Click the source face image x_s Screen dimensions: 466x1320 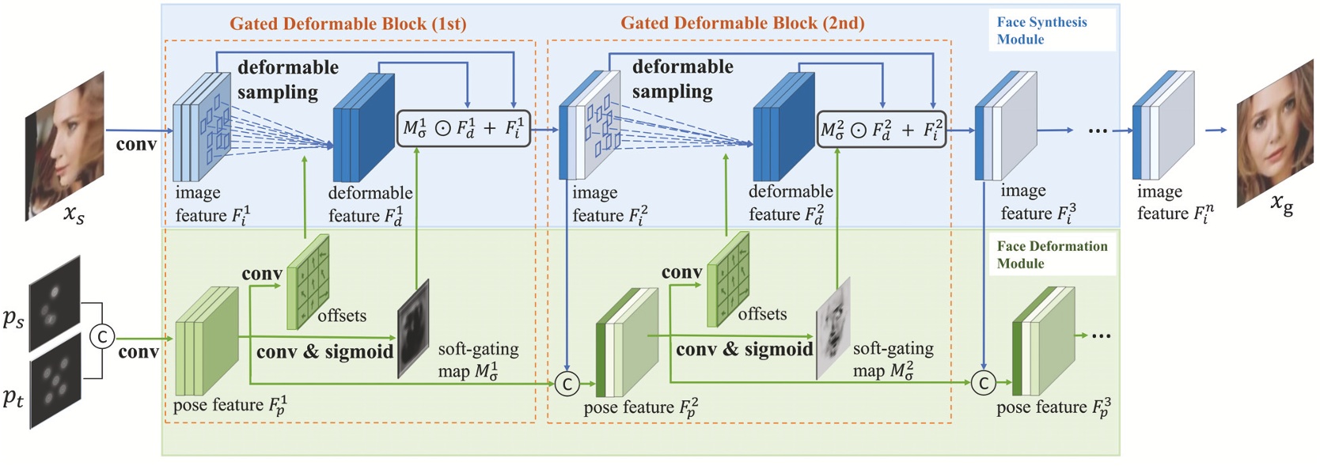tap(65, 146)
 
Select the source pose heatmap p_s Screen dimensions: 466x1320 tap(55, 303)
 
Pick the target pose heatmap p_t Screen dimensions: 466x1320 tap(55, 381)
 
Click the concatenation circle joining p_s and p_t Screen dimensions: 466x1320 tap(101, 337)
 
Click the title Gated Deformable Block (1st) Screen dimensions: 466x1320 tap(347, 24)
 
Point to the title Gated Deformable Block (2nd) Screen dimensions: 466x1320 tap(742, 23)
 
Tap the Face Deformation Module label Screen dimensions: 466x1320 tap(1051, 255)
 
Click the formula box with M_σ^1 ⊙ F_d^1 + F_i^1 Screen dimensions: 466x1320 tap(463, 128)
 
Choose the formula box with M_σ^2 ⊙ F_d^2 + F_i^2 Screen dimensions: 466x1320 tap(881, 129)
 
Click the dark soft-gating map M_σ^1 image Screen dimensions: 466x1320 tap(413, 328)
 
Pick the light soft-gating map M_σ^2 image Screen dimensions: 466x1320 tap(833, 328)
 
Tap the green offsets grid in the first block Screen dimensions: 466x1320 tap(308, 282)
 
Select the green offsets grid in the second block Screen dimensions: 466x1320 tap(728, 279)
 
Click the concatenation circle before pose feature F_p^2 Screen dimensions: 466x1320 tap(567, 384)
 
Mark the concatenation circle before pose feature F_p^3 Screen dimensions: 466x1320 tap(983, 384)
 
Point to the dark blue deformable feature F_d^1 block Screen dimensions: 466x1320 tap(364, 129)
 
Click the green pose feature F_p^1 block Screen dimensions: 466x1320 tap(206, 341)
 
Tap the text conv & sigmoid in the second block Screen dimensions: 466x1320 tap(744, 349)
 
